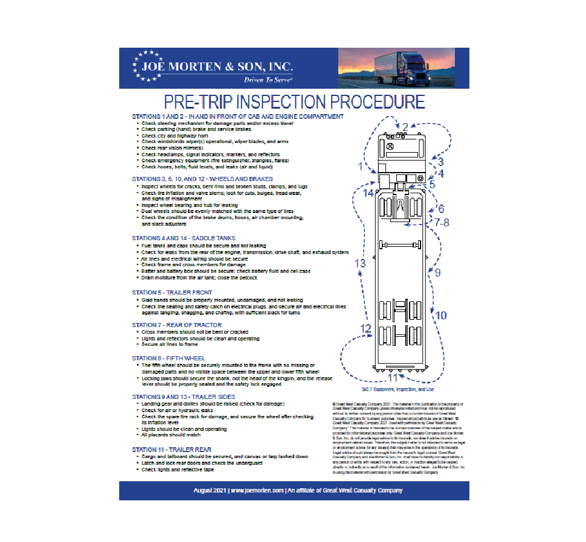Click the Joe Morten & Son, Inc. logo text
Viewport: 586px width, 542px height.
pyautogui.click(x=217, y=66)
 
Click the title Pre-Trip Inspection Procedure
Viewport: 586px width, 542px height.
pyautogui.click(x=294, y=101)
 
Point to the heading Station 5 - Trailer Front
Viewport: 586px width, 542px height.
pyautogui.click(x=172, y=292)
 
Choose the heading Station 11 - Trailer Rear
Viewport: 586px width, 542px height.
pyautogui.click(x=172, y=450)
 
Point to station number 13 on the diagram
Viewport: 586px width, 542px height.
pyautogui.click(x=360, y=263)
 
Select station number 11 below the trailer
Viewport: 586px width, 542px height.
pyautogui.click(x=393, y=378)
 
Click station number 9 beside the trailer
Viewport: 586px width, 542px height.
pyautogui.click(x=437, y=273)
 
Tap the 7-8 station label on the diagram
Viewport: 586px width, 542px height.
pyautogui.click(x=442, y=222)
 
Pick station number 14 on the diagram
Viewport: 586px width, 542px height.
pyautogui.click(x=369, y=193)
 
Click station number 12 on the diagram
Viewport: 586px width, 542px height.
pyautogui.click(x=365, y=328)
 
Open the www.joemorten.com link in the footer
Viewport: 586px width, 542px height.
pyautogui.click(x=257, y=491)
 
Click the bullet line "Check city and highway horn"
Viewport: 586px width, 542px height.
pyautogui.click(x=170, y=136)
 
